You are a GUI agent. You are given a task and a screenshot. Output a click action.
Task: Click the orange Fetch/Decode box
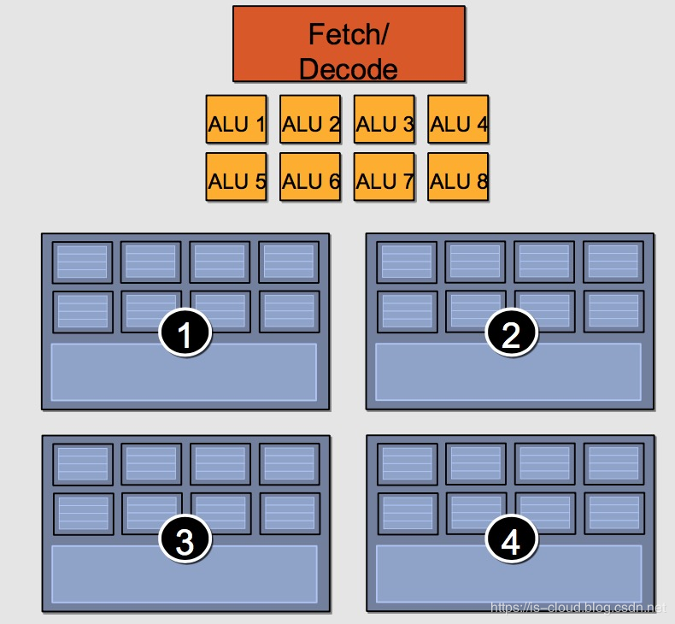(x=349, y=44)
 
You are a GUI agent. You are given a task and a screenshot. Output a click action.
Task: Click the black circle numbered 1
(x=185, y=337)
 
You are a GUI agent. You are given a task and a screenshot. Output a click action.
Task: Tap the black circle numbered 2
(x=511, y=337)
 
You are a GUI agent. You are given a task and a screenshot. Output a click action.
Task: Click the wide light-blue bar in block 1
(x=184, y=373)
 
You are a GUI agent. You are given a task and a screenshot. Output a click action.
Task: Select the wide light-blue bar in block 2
(x=508, y=373)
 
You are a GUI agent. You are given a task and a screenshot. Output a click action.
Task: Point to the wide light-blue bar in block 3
(x=184, y=574)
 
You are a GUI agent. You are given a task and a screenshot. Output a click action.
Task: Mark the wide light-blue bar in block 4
(x=508, y=574)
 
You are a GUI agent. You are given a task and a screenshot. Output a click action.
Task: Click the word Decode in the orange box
(x=349, y=68)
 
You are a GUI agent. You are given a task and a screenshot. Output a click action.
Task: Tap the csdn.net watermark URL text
(x=577, y=608)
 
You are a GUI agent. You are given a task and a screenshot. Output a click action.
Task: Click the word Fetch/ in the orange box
(x=349, y=35)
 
